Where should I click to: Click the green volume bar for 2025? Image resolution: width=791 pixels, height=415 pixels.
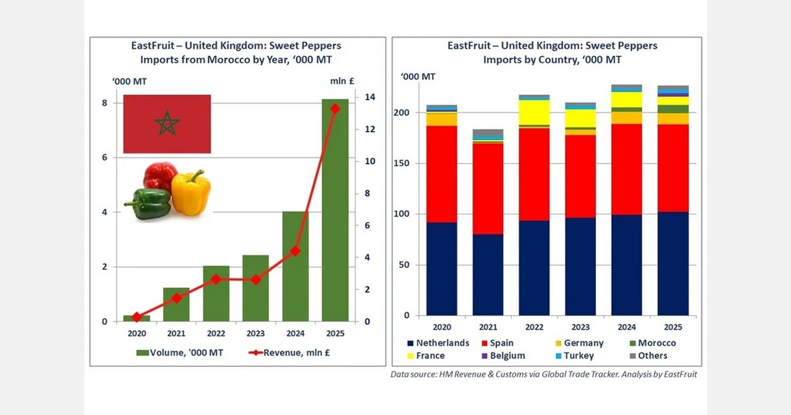pyautogui.click(x=335, y=210)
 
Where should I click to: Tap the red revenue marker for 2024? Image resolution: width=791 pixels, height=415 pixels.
pyautogui.click(x=295, y=251)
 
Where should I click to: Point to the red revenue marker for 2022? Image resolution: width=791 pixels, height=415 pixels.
pyautogui.click(x=216, y=279)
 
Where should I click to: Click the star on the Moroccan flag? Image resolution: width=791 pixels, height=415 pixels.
pyautogui.click(x=167, y=123)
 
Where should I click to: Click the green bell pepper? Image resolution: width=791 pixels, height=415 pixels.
pyautogui.click(x=149, y=204)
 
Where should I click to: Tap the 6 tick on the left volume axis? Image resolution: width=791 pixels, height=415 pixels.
pyautogui.click(x=104, y=157)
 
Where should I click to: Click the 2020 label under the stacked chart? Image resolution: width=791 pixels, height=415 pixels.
pyautogui.click(x=442, y=327)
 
